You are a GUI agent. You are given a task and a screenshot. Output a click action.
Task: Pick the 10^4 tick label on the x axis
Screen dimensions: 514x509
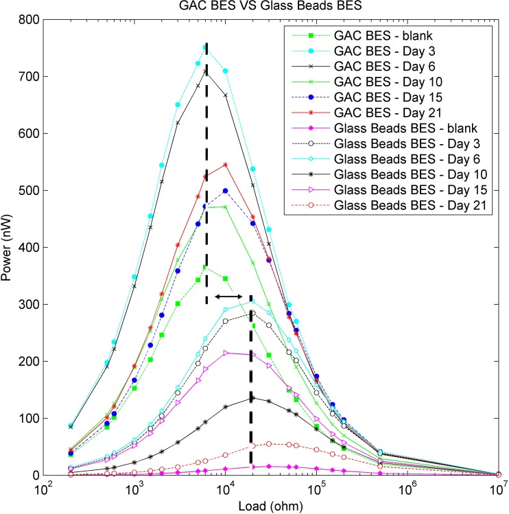point(226,489)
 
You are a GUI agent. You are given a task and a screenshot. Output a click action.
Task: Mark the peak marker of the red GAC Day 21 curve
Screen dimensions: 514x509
point(225,165)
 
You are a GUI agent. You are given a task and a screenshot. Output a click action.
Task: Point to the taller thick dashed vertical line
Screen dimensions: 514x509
point(206,172)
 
